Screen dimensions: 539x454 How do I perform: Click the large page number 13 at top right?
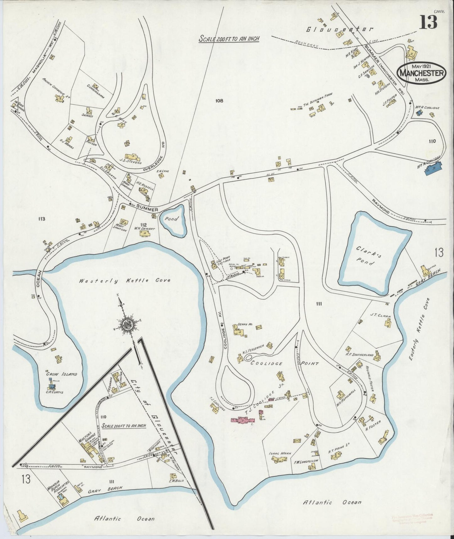pos(428,22)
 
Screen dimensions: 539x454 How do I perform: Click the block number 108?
pos(219,101)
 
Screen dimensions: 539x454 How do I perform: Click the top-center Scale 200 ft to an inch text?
pos(230,39)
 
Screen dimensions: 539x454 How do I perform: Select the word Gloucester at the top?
pos(340,29)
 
